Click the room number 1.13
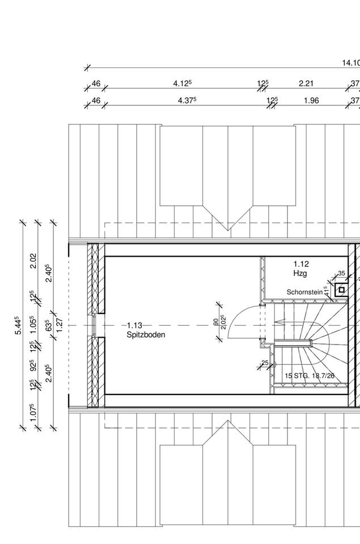tap(134, 325)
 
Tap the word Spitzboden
tap(146, 335)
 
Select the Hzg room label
tap(300, 274)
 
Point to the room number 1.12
tap(301, 264)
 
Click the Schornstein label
tap(304, 292)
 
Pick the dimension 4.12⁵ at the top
tap(182, 83)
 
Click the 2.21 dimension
tap(306, 83)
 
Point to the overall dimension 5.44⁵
tap(19, 326)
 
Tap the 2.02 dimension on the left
tap(33, 261)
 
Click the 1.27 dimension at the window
tap(58, 325)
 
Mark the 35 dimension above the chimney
tap(341, 274)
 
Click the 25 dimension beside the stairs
tap(265, 363)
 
